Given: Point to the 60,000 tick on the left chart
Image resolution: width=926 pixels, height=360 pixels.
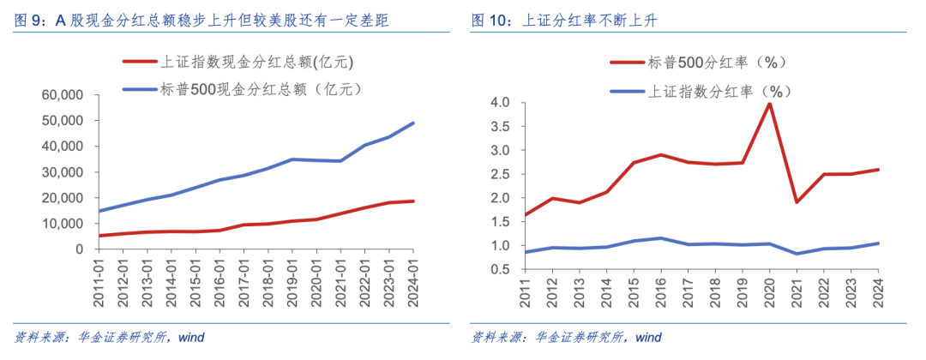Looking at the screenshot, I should [x=63, y=95].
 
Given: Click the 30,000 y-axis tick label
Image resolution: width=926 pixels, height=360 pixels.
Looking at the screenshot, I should [x=63, y=172].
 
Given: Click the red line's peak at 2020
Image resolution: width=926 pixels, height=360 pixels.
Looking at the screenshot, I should [x=770, y=103].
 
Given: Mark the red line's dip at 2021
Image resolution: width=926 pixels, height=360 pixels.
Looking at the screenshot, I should [x=797, y=202].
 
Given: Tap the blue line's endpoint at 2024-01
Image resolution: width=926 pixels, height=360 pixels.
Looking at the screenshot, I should [x=413, y=123].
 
